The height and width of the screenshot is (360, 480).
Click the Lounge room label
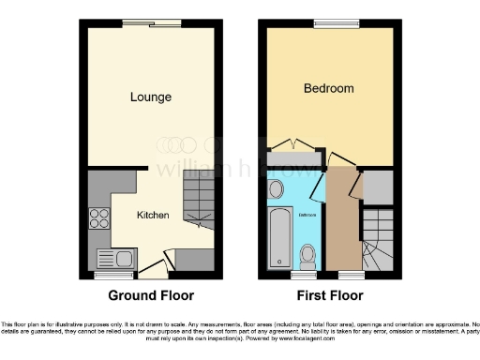click(150, 97)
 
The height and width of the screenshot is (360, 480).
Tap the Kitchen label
click(153, 215)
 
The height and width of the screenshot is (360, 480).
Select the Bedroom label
click(329, 88)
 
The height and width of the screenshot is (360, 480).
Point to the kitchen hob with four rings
click(98, 217)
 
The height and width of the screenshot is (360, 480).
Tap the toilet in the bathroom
click(307, 256)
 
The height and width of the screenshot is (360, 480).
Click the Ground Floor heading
click(152, 295)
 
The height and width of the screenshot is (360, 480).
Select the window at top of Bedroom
click(329, 23)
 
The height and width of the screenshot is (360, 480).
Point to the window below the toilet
click(306, 276)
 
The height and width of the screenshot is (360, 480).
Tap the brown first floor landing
click(343, 225)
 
